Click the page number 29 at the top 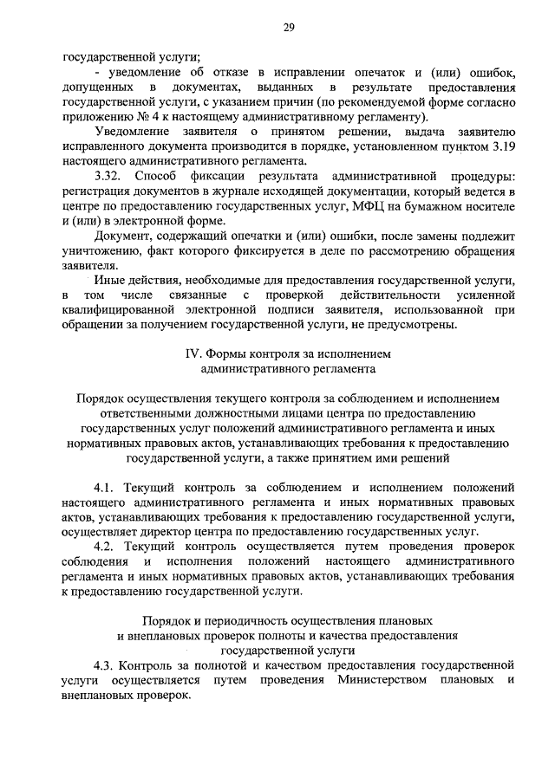coord(290,28)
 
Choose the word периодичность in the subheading coord(237,620)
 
